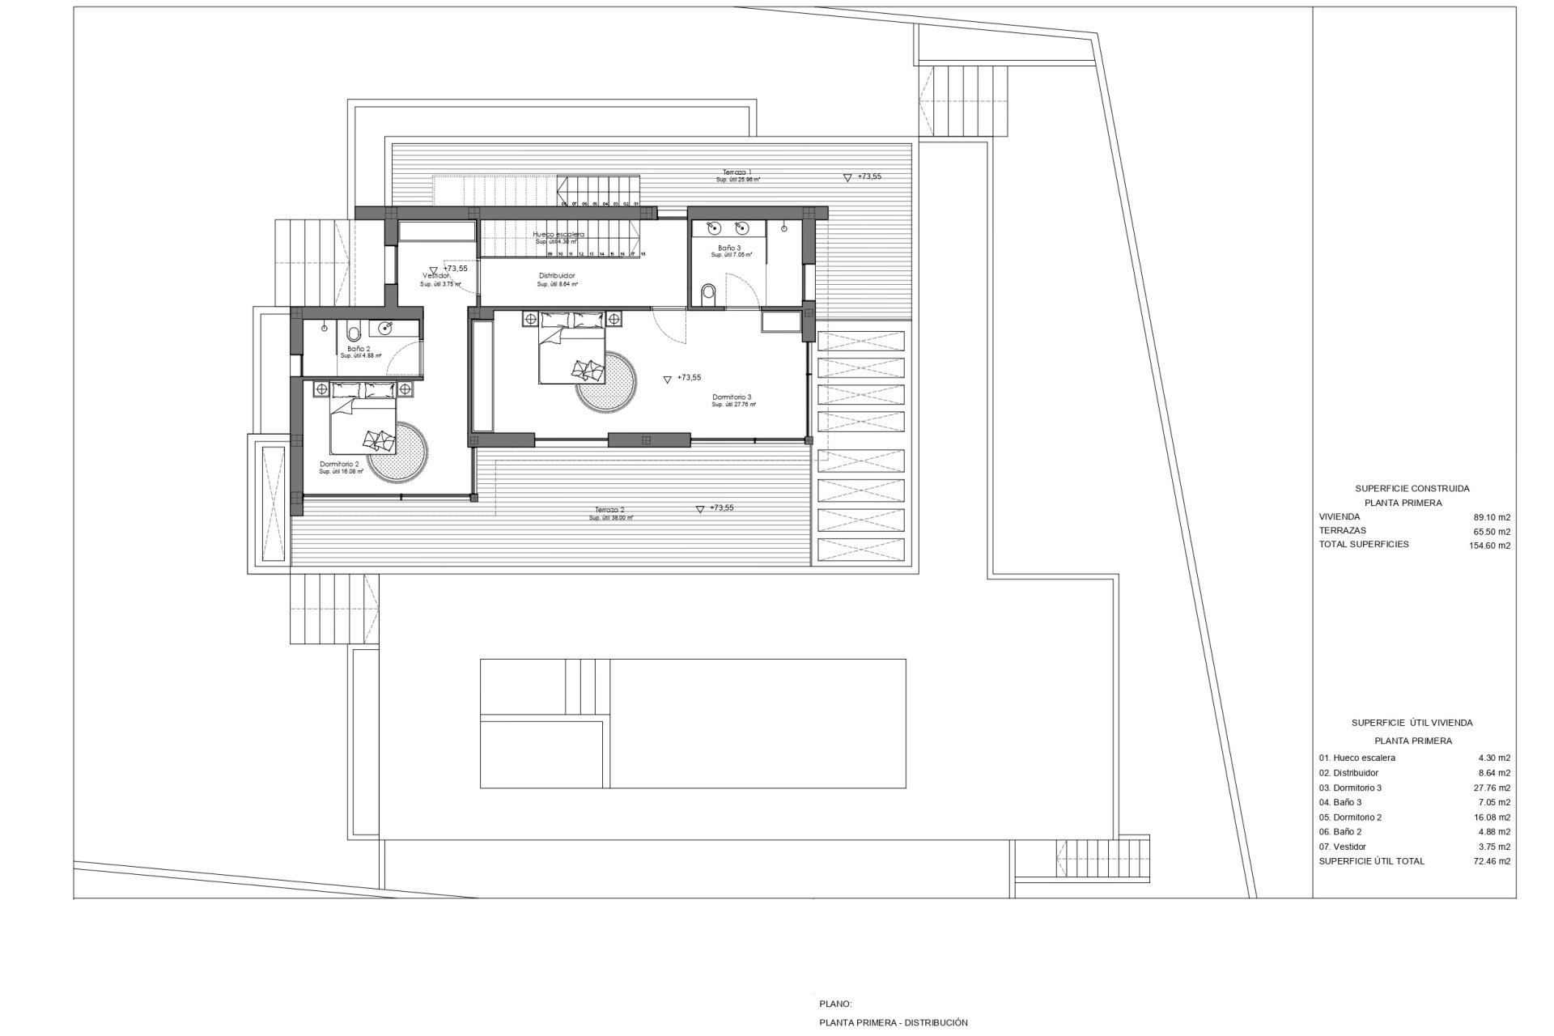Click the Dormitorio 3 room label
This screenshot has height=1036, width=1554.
click(x=732, y=397)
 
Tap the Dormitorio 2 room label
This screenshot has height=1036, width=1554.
click(x=339, y=465)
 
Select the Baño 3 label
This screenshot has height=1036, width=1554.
click(x=728, y=248)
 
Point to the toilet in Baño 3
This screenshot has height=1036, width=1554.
click(x=710, y=295)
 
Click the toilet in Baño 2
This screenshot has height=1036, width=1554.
click(x=354, y=332)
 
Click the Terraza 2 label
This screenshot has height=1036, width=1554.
click(x=610, y=511)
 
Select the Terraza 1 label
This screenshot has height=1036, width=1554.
click(x=737, y=172)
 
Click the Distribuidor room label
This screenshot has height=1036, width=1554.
click(x=557, y=276)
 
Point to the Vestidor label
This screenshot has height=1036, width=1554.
click(x=437, y=276)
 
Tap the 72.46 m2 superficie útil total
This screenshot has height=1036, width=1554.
click(x=1492, y=861)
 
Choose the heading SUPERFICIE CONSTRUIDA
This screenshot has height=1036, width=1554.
click(x=1412, y=489)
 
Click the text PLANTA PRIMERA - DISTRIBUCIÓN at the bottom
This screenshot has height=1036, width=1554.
click(x=893, y=1022)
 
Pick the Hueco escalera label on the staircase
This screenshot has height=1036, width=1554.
click(x=558, y=235)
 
